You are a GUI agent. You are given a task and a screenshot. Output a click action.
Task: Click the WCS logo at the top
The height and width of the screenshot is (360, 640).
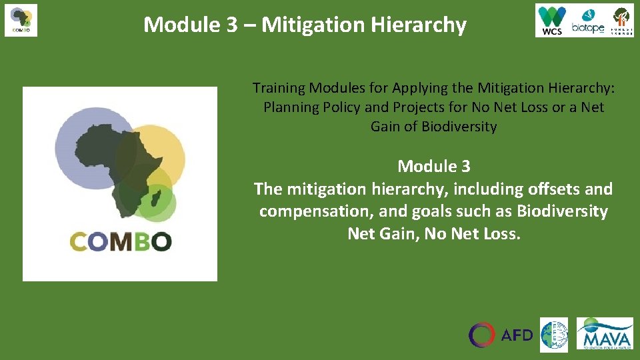pos(552,20)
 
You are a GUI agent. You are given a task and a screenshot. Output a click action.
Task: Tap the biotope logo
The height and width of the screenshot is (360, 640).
pos(587,21)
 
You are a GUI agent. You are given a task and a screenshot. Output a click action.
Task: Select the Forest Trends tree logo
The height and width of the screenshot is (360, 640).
pos(622,21)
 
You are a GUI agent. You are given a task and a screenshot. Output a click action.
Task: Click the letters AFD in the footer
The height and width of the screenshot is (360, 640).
pos(517,335)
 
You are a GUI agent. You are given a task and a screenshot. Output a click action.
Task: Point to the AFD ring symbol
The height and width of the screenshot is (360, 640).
pos(482,335)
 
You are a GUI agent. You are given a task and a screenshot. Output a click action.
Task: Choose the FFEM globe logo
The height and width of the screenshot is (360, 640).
pos(554,335)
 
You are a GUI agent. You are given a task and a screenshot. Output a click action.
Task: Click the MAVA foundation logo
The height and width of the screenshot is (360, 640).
pos(605,333)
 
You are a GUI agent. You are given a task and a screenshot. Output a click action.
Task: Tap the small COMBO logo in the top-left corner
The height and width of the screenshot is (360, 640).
pos(21,20)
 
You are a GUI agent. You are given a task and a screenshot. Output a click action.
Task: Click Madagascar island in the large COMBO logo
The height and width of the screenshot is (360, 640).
pos(157,197)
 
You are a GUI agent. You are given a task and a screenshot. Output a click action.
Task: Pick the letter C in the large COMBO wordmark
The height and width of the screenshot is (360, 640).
pos(78,241)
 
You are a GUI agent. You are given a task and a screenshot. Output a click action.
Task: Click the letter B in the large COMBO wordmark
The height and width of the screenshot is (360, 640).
pos(140,241)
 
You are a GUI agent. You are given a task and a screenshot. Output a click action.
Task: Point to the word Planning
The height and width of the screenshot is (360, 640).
pos(291,107)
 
